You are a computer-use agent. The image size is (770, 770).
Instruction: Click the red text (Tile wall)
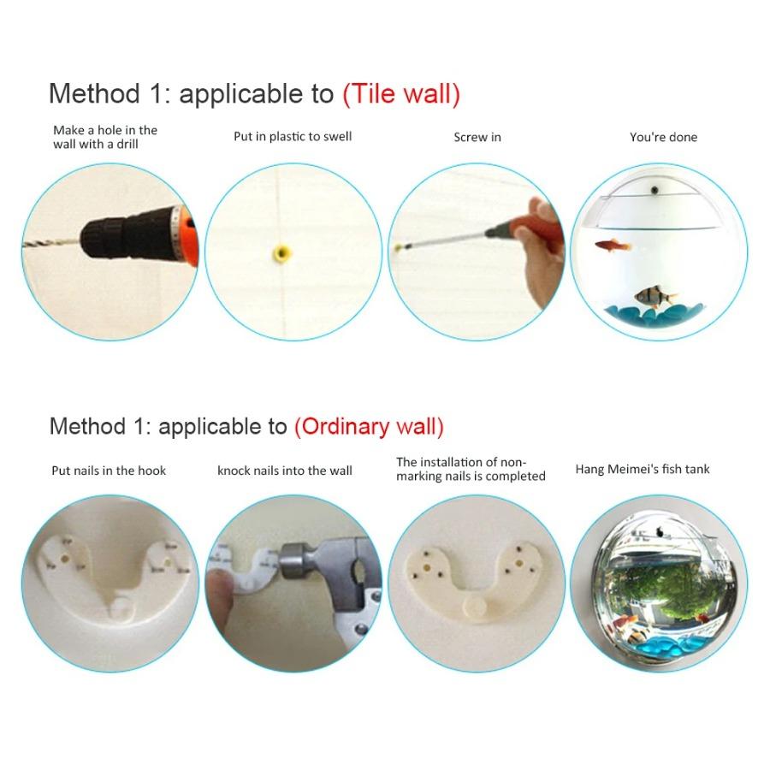coord(401,93)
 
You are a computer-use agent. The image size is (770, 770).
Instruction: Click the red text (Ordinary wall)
coord(369,426)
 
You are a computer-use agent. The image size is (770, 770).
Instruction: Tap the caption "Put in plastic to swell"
coord(293,136)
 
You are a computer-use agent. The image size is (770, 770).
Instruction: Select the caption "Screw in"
coord(477,137)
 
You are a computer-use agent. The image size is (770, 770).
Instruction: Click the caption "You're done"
coord(663,137)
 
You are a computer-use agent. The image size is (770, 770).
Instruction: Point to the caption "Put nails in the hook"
coord(109,470)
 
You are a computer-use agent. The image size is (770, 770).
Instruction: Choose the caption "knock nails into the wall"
coord(285,470)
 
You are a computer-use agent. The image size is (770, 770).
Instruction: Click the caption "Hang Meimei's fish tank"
coord(643,469)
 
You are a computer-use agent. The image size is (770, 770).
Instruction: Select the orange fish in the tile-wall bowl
coord(614,246)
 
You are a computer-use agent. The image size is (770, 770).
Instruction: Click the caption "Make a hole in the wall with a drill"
coord(105,137)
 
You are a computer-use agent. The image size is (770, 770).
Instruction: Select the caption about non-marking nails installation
coord(471,469)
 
